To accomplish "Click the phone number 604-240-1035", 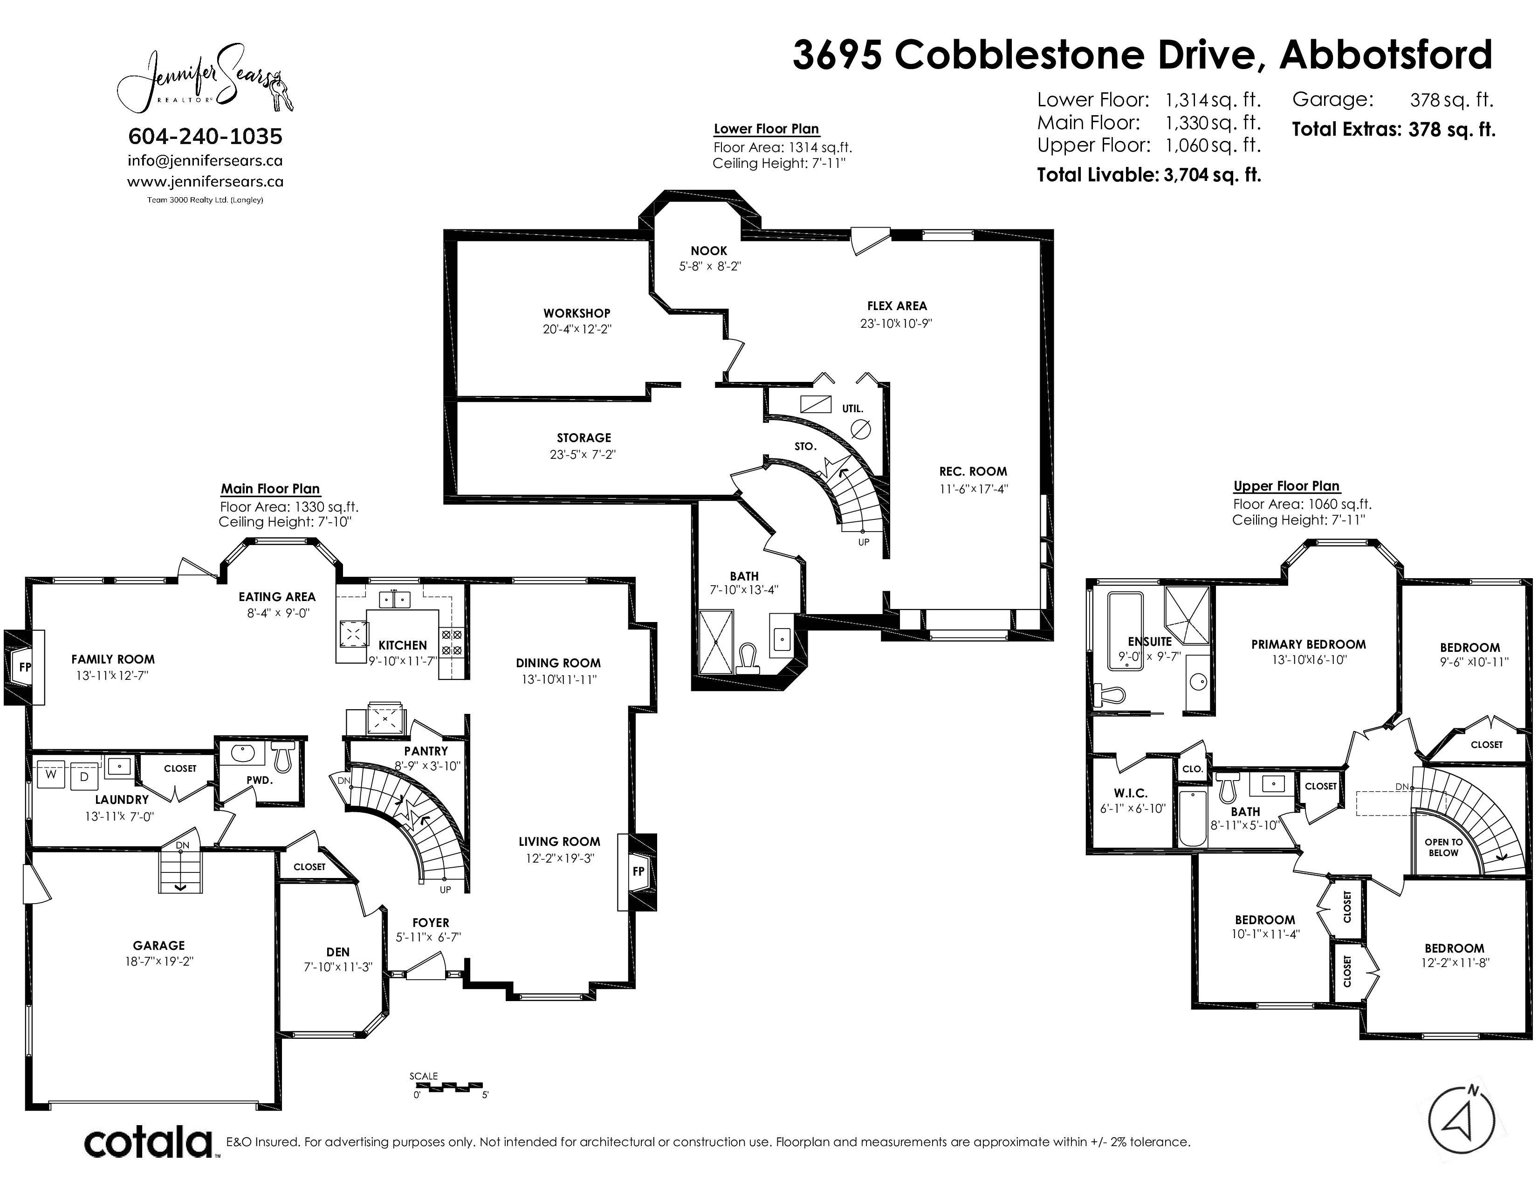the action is pyautogui.click(x=206, y=136).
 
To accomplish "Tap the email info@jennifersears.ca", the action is pyautogui.click(x=205, y=160).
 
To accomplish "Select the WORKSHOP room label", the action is pyautogui.click(x=577, y=313).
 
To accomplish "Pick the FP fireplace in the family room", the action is pyautogui.click(x=25, y=666).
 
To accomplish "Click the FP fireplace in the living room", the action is pyautogui.click(x=637, y=871).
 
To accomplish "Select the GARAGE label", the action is pyautogui.click(x=159, y=945).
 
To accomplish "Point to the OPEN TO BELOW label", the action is pyautogui.click(x=1444, y=847).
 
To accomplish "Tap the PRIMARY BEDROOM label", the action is pyautogui.click(x=1308, y=644).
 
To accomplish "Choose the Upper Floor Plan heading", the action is pyautogui.click(x=1287, y=486).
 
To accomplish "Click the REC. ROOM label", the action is pyautogui.click(x=973, y=471).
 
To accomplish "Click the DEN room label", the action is pyautogui.click(x=338, y=952).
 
